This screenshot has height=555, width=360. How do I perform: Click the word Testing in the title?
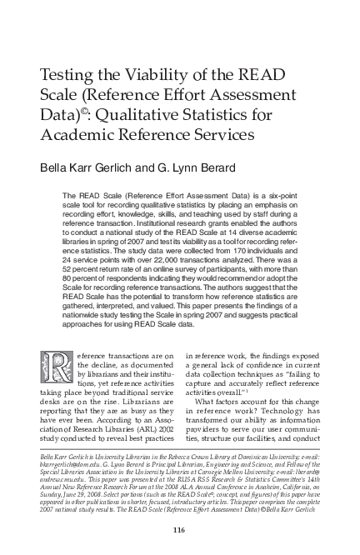[68, 77]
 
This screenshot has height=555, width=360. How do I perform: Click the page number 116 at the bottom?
[179, 531]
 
